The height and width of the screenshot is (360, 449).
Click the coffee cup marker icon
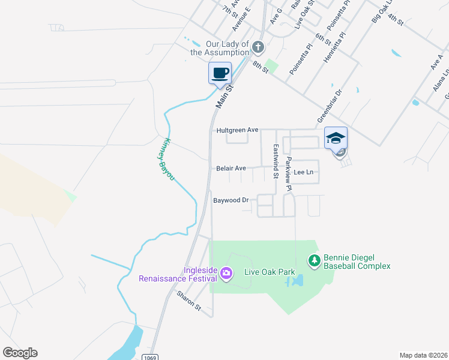(220, 73)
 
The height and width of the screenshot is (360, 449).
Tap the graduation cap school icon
(336, 139)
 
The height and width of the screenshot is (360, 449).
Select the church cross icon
(258, 47)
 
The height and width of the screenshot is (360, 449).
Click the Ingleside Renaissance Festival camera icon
(226, 274)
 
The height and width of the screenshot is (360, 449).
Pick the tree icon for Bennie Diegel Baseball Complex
(313, 260)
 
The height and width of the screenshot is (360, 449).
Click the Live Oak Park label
(270, 272)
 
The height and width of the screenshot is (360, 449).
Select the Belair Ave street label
(231, 169)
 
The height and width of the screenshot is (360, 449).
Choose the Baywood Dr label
(231, 200)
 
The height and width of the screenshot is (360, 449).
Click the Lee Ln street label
(303, 172)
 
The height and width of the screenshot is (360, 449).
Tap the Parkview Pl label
(289, 174)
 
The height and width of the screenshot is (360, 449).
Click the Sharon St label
(189, 301)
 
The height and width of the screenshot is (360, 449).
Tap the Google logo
(20, 353)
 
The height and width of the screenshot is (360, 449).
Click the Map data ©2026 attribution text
(423, 355)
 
